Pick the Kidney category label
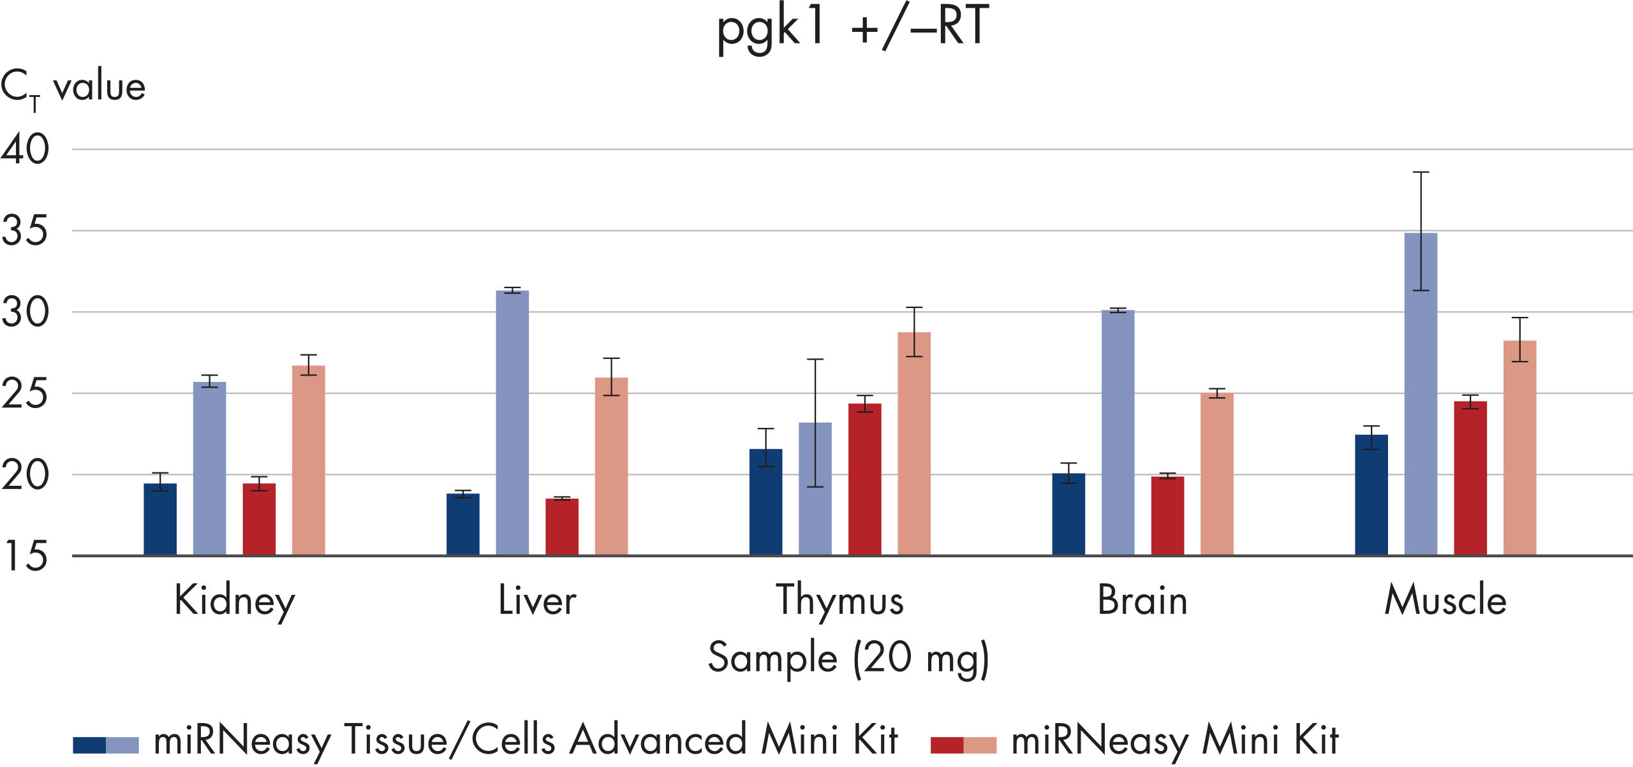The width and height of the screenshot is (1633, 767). [x=235, y=601]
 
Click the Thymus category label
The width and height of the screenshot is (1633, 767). [x=840, y=601]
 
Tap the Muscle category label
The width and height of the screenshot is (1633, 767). [x=1445, y=601]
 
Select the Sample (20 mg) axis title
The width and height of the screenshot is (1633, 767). [x=848, y=658]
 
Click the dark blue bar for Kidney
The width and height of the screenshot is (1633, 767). [x=160, y=520]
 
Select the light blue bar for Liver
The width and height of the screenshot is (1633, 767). [x=512, y=423]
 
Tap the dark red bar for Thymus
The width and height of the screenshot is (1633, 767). [x=865, y=479]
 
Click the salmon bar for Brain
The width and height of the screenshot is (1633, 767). [x=1217, y=474]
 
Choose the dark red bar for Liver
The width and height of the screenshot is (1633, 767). [x=562, y=527]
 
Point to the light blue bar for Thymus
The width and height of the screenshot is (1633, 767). [x=815, y=489]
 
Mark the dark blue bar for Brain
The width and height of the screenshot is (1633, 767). [x=1068, y=515]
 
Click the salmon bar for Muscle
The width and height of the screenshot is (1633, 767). [x=1519, y=448]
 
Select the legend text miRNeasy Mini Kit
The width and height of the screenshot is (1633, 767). [x=1175, y=741]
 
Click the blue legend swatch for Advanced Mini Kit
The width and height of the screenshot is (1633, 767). [x=106, y=745]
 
